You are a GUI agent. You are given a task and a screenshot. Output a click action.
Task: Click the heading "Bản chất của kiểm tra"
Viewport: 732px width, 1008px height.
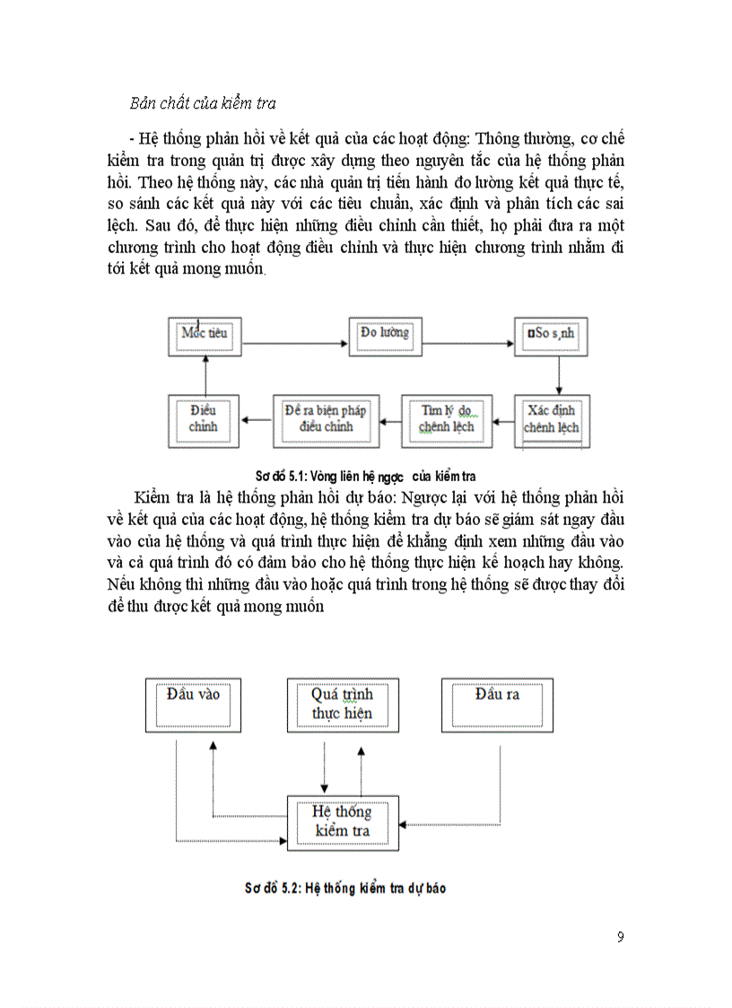[203, 103]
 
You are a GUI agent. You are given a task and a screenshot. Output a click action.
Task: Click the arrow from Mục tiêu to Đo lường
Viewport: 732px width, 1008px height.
[295, 342]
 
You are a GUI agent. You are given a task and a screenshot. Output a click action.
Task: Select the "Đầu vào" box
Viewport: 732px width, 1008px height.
[193, 705]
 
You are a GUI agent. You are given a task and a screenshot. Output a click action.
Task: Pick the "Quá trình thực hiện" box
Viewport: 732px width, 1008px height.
[343, 705]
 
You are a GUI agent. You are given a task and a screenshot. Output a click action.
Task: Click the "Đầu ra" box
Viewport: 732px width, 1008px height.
[497, 705]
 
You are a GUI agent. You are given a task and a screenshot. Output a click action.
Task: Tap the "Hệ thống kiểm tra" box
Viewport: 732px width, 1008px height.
[342, 821]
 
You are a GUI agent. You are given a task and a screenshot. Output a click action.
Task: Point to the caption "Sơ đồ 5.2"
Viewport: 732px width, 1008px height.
[345, 889]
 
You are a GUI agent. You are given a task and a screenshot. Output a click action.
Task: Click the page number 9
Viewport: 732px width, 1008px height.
[621, 938]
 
